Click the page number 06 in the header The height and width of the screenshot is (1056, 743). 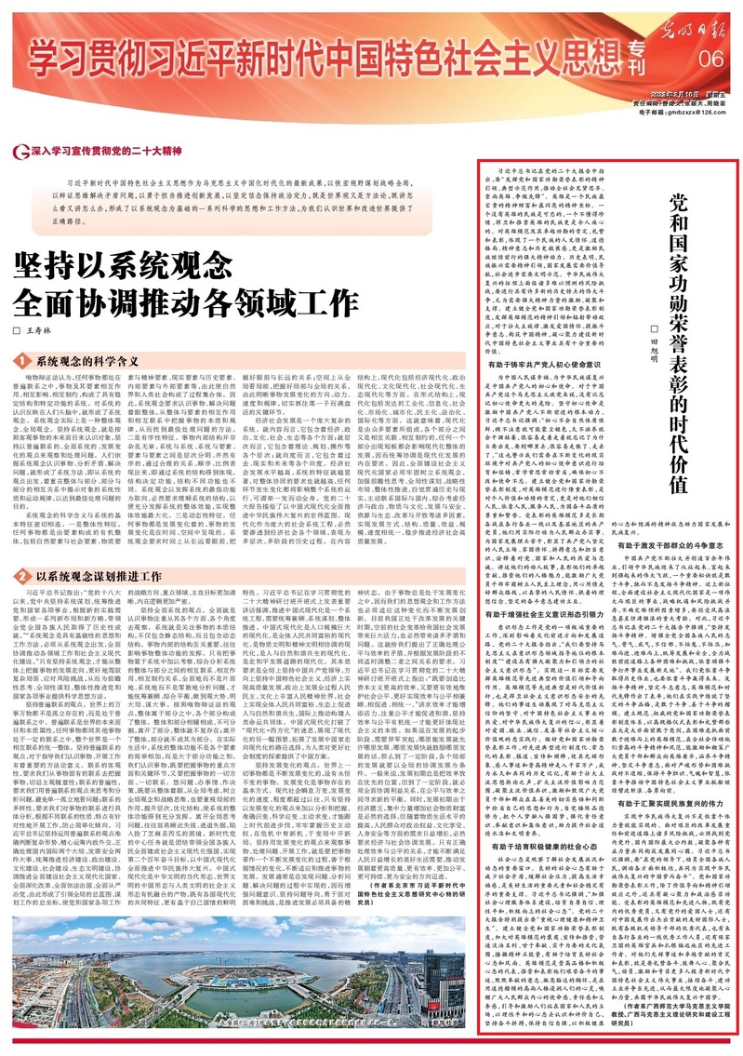point(711,59)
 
